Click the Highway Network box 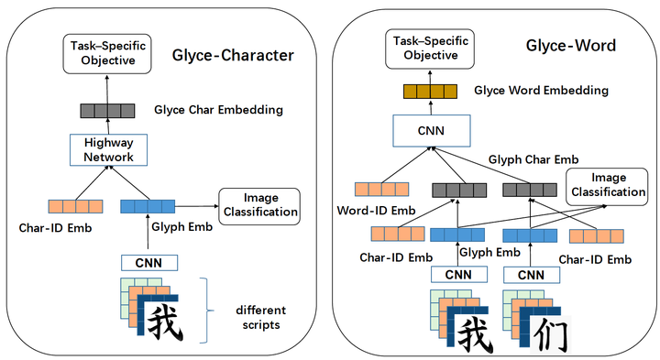click(x=109, y=150)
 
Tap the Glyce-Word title click(x=569, y=46)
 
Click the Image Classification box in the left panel click(x=260, y=205)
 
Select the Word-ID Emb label click(x=370, y=213)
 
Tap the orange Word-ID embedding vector click(x=370, y=191)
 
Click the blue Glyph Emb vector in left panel click(x=148, y=205)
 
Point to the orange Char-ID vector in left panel click(x=75, y=205)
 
